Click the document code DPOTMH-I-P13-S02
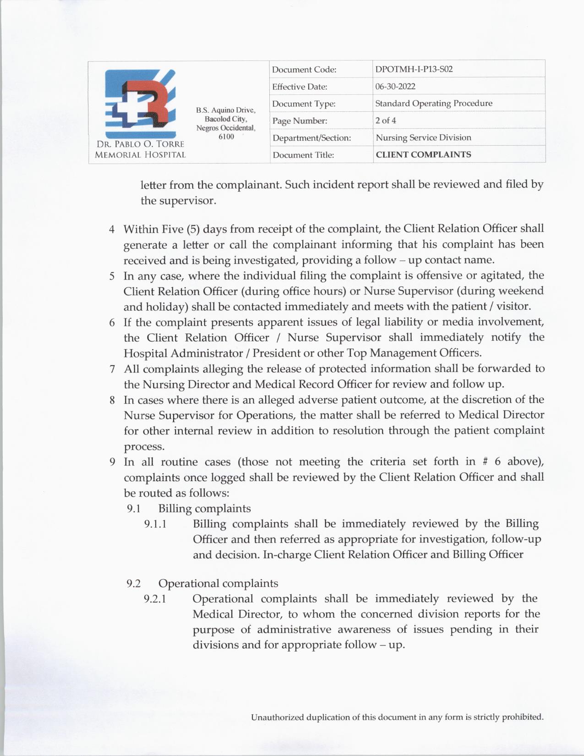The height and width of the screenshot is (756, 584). pos(414,69)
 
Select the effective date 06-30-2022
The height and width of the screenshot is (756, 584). pos(395,86)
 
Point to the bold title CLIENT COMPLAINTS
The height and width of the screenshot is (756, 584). pos(423,154)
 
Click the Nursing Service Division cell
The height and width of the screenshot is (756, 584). pos(423,137)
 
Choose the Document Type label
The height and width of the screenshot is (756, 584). pos(304,104)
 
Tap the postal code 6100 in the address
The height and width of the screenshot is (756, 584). pos(226,137)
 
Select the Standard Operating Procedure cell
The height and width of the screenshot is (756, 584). pos(433,103)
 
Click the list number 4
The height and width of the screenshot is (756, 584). pos(112,229)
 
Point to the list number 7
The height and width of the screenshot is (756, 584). pos(112,369)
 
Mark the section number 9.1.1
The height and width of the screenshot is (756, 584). pos(155,524)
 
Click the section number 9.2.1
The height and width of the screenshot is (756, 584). pos(155,599)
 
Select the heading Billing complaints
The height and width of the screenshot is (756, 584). pos(204,509)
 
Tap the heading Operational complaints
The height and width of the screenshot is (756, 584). pos(218,583)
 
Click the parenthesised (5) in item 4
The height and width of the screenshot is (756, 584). pos(193,229)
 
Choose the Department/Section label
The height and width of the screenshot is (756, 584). pos(311,138)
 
